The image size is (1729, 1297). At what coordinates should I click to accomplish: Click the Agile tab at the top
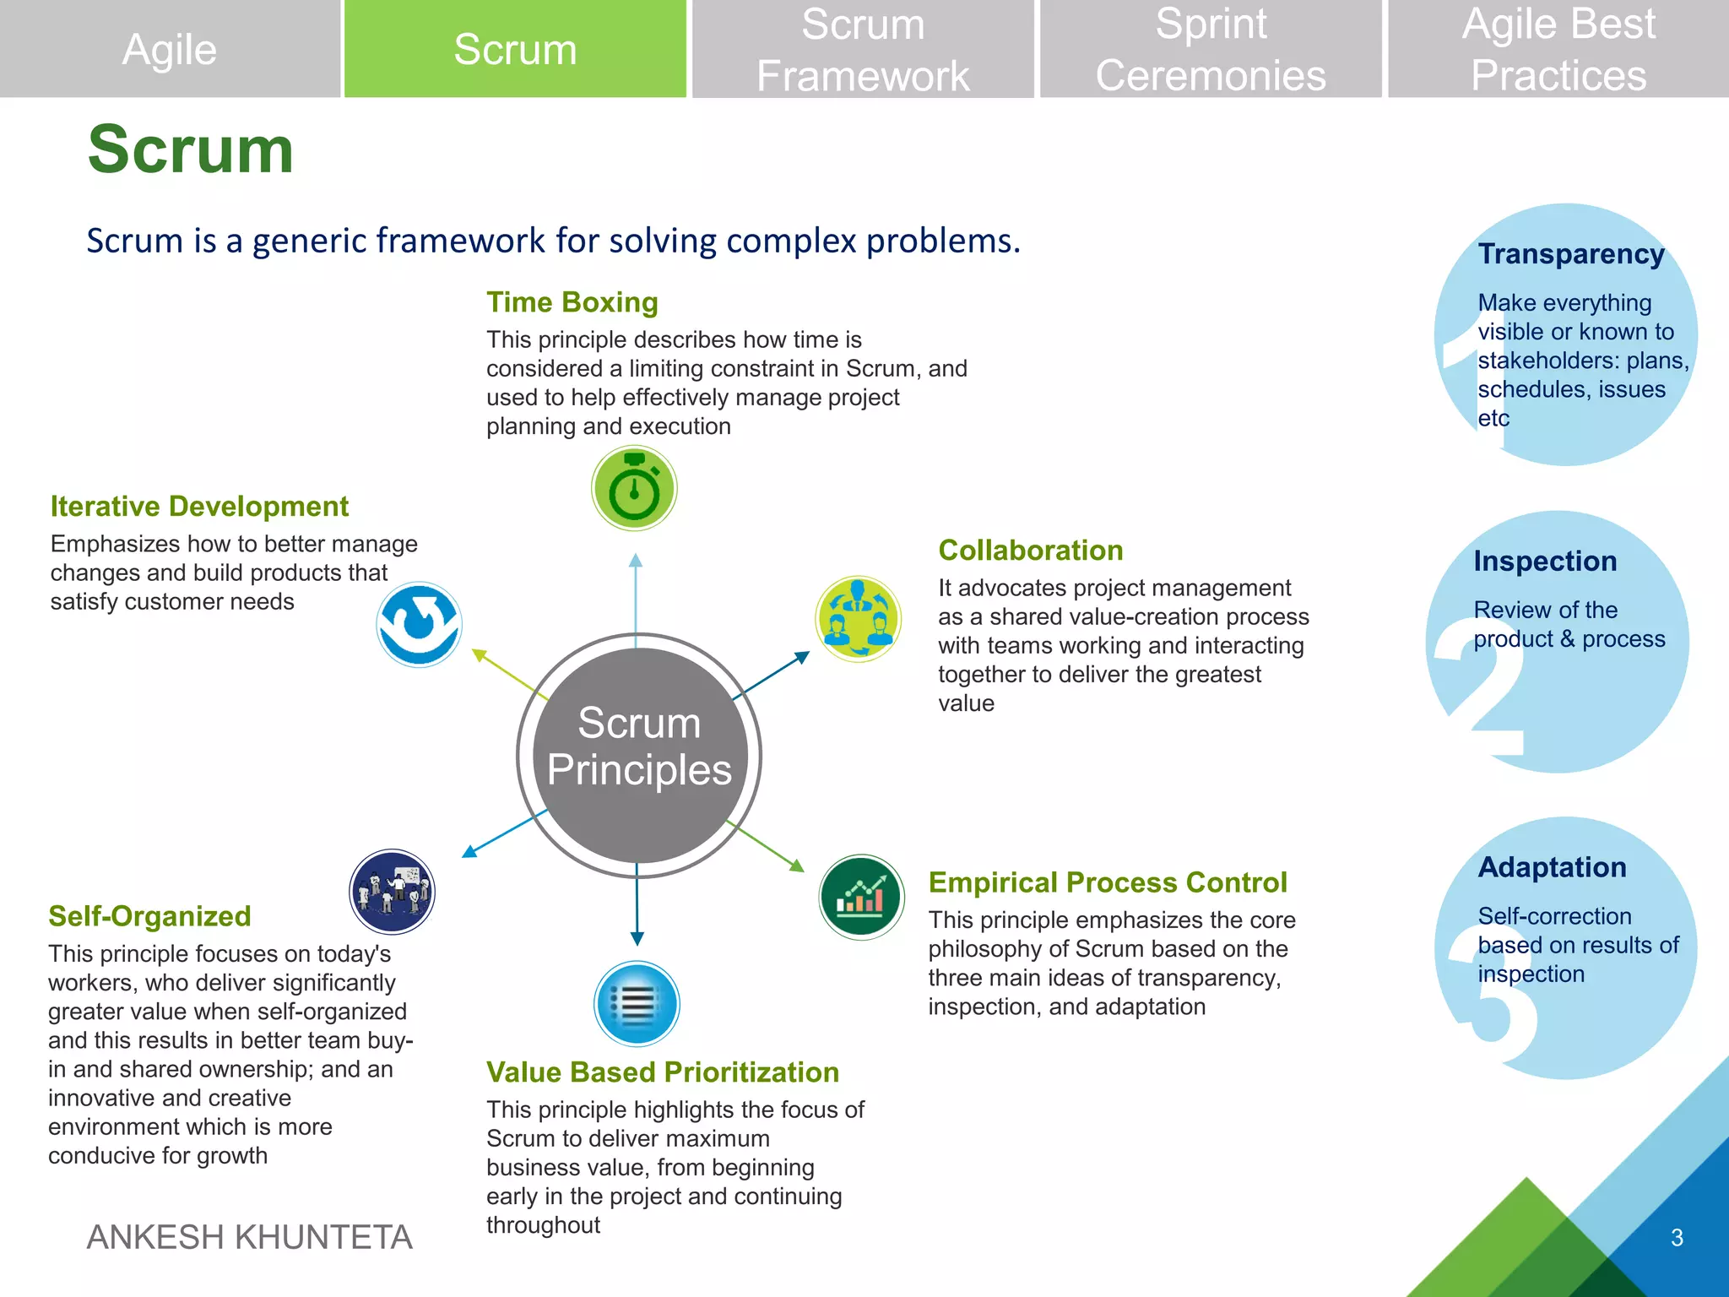tap(170, 49)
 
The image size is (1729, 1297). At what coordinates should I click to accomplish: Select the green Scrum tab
tap(515, 49)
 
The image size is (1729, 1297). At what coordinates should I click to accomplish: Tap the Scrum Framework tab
tap(863, 49)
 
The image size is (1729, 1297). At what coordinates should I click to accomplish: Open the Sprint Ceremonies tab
tap(1211, 49)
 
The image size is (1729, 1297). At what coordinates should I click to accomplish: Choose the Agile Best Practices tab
tap(1558, 49)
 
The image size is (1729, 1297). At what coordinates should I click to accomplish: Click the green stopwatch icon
tap(634, 488)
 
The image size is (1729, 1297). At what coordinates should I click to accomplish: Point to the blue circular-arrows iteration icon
tap(419, 625)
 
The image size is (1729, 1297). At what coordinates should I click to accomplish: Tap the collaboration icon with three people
tap(859, 619)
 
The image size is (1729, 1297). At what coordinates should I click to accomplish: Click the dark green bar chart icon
tap(861, 897)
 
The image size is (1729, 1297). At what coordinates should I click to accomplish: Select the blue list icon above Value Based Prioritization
tap(637, 1004)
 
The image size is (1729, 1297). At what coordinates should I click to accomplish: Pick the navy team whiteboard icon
tap(392, 892)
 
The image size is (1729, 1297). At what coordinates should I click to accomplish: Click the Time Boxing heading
tap(572, 302)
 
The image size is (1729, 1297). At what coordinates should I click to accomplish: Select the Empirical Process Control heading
tap(1107, 882)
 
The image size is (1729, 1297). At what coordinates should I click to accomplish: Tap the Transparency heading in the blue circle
tap(1571, 253)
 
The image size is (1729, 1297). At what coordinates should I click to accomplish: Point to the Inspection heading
tap(1545, 561)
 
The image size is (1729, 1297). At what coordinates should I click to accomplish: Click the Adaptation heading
tap(1552, 867)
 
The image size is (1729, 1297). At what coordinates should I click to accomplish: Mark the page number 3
tap(1677, 1238)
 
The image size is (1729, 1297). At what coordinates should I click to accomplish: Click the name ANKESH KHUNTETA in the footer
tap(250, 1237)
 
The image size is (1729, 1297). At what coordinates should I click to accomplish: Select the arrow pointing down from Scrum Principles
tap(637, 912)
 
